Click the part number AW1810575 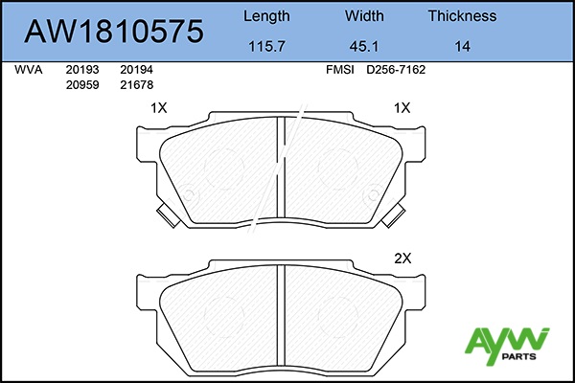[x=114, y=32]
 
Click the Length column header [x=266, y=16]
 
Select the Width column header [x=364, y=16]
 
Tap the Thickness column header [x=462, y=16]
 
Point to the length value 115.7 [x=266, y=47]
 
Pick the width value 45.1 [x=364, y=47]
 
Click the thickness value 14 [x=462, y=47]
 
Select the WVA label [x=28, y=70]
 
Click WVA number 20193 [x=82, y=70]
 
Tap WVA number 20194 [x=136, y=70]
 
